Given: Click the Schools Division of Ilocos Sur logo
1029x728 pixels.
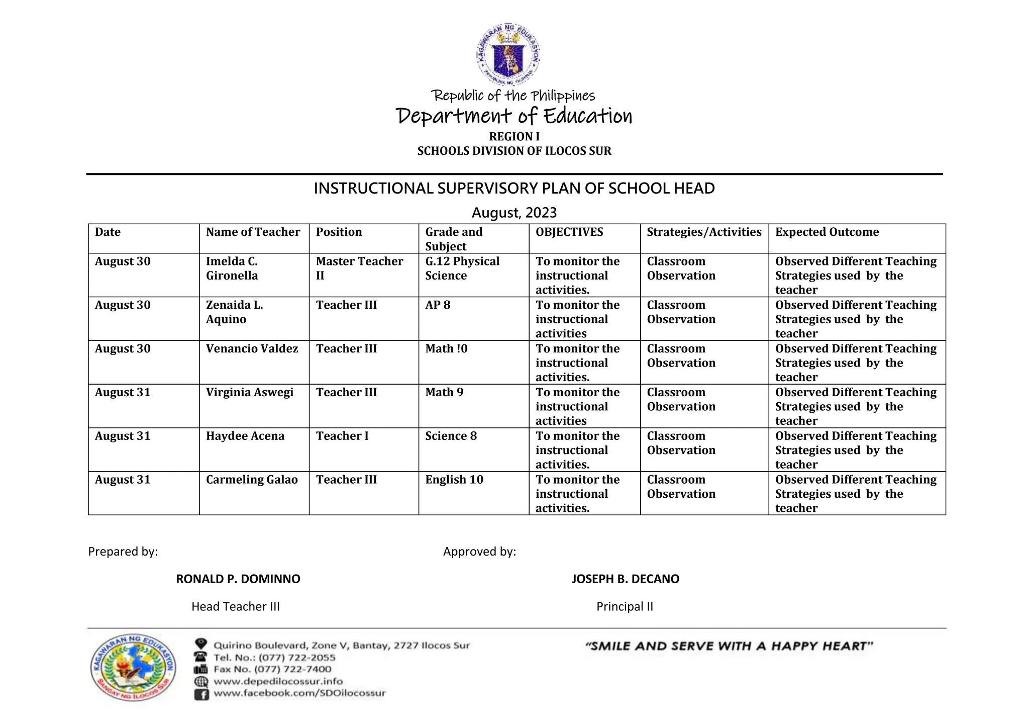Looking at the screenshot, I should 134,667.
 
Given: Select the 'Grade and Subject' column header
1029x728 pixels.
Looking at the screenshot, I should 453,239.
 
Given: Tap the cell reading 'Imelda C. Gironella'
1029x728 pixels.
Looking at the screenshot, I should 232,268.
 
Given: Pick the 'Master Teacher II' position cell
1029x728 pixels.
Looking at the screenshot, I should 359,268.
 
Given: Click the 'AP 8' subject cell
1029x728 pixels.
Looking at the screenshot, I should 438,305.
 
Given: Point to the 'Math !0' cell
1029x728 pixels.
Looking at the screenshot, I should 446,349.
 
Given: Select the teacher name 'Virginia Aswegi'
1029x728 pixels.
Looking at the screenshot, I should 250,393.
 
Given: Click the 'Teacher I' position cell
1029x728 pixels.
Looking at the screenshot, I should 342,436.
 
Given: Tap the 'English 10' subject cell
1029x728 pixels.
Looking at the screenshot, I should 454,480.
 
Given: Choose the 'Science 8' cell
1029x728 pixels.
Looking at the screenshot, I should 451,436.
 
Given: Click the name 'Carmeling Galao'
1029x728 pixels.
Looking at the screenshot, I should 252,480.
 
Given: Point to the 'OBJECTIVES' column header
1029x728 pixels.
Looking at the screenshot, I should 569,232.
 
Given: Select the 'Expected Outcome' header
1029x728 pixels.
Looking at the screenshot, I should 827,232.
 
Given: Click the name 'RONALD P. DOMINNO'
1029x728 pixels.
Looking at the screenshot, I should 238,579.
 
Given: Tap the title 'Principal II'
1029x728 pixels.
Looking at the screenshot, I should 625,607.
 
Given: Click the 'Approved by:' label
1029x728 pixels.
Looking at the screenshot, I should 479,552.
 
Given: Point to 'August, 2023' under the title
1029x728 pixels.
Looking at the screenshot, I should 514,213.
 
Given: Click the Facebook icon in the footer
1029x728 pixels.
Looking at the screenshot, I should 201,695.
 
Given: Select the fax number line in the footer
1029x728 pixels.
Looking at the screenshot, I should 272,670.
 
